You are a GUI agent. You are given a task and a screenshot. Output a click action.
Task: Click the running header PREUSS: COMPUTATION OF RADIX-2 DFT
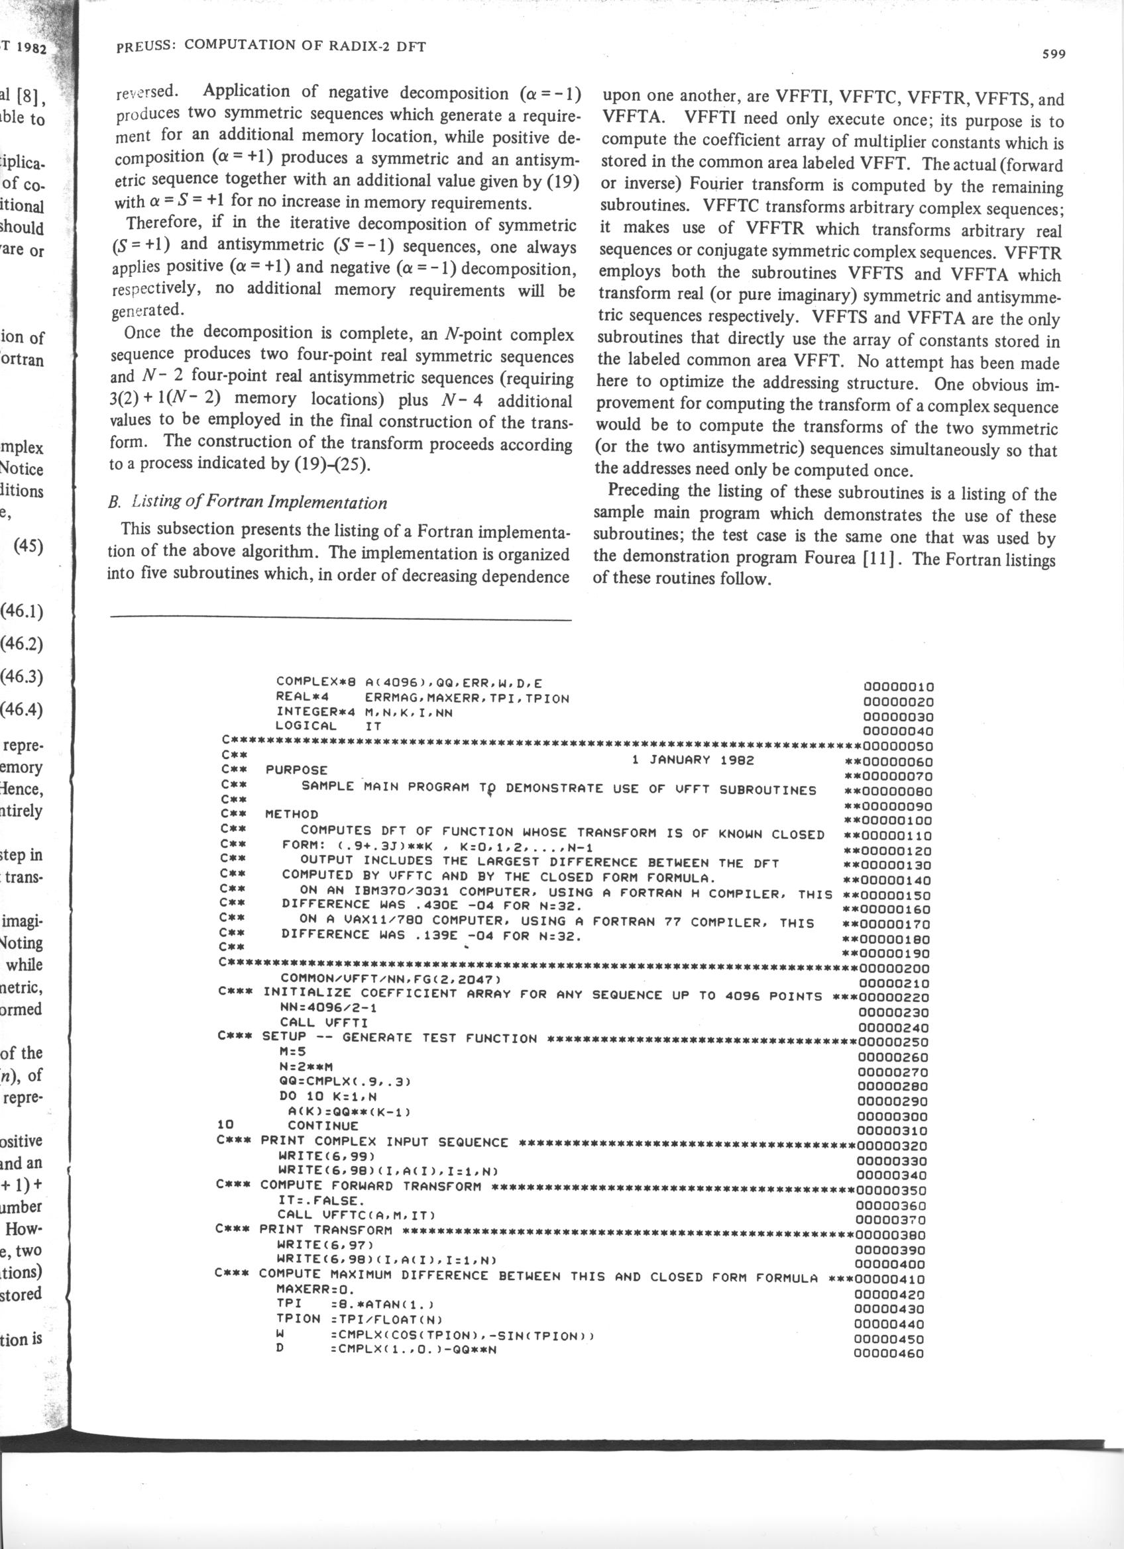pyautogui.click(x=271, y=46)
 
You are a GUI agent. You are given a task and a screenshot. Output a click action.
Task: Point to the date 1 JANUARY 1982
pyautogui.click(x=693, y=760)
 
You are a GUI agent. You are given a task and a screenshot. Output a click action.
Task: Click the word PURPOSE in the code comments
pyautogui.click(x=296, y=770)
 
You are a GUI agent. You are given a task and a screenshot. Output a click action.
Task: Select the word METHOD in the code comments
pyautogui.click(x=292, y=814)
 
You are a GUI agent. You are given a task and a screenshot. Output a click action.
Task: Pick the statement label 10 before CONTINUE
pyautogui.click(x=225, y=1124)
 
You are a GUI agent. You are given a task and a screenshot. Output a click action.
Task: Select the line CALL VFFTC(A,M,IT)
pyautogui.click(x=356, y=1215)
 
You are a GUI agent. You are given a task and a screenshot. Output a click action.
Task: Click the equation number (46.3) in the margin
pyautogui.click(x=23, y=676)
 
